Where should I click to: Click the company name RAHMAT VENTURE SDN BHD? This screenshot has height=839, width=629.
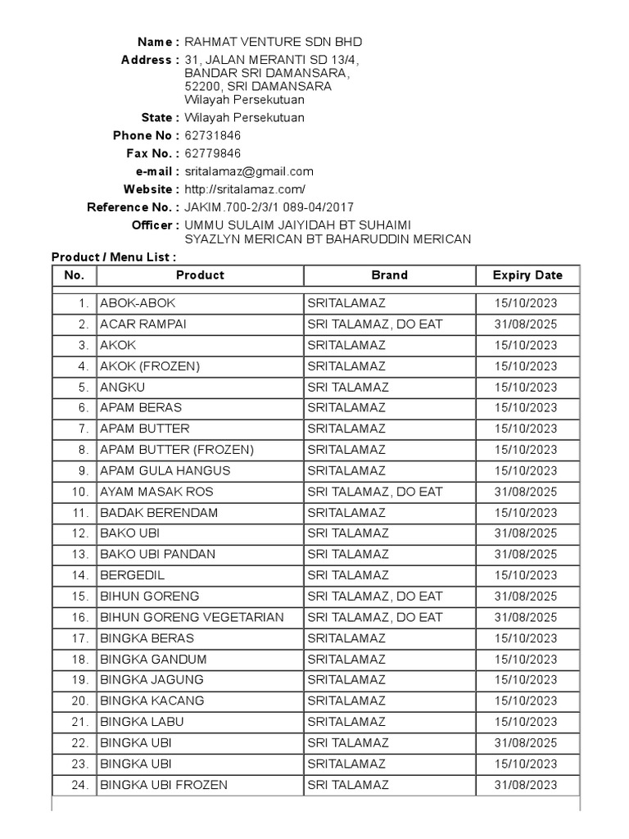click(x=273, y=42)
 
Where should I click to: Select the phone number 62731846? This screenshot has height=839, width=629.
click(x=213, y=135)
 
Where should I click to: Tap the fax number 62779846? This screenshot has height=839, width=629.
click(x=213, y=153)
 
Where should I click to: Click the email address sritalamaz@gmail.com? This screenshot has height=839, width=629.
click(x=249, y=171)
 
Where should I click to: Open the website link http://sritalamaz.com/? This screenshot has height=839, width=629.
click(x=245, y=189)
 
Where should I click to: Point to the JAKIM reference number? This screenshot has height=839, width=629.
click(x=269, y=207)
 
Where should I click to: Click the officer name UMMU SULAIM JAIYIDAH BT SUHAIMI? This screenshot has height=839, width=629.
click(x=298, y=224)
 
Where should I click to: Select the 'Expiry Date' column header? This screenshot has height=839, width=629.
click(x=527, y=275)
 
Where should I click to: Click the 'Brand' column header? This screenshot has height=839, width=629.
click(x=389, y=275)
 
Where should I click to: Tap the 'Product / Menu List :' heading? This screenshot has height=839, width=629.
click(x=113, y=257)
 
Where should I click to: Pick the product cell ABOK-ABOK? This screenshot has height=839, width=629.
click(x=138, y=303)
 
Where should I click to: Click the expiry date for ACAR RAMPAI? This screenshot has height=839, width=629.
click(x=526, y=324)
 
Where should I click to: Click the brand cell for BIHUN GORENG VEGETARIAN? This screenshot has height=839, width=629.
click(x=374, y=617)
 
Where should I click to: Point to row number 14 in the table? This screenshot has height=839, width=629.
click(x=79, y=575)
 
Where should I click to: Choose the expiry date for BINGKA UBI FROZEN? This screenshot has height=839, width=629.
click(x=526, y=785)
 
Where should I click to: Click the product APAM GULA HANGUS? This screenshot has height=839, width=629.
click(x=165, y=470)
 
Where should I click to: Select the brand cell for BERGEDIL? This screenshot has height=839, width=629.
click(x=348, y=575)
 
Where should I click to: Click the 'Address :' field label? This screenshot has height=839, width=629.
click(x=150, y=60)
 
